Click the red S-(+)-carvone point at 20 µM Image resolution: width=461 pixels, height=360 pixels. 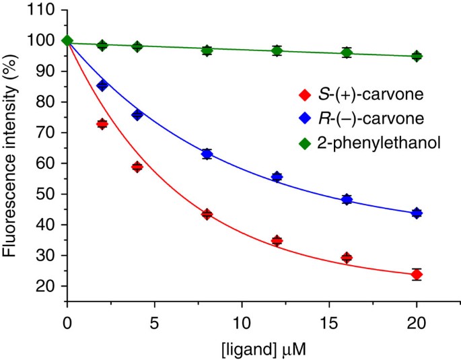coord(417,275)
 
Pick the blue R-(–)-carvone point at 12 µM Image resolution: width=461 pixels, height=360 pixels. coord(277,177)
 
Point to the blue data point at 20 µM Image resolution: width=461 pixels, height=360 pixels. coord(417,213)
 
